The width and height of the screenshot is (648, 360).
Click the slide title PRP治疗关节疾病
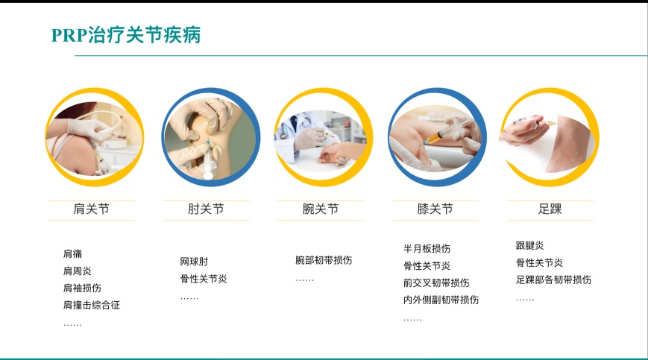[x=125, y=35]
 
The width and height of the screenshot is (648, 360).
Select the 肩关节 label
[x=91, y=209]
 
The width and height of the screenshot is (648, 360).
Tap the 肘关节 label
[x=206, y=209]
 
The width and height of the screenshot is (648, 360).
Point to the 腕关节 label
[x=321, y=209]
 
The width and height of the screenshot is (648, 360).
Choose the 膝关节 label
[x=435, y=209]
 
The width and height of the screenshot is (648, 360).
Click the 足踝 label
[x=550, y=209]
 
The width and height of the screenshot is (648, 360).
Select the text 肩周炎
[x=78, y=271]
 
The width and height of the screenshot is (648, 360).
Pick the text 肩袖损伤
[x=82, y=288]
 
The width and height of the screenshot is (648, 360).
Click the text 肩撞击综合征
[x=91, y=305]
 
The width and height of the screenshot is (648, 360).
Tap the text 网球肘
[x=194, y=262]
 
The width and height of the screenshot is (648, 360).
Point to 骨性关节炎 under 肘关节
[x=204, y=279]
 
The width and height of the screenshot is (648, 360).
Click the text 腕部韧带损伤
[x=324, y=260]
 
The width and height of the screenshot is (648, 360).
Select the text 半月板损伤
[x=427, y=248]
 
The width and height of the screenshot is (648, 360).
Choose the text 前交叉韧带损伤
[x=436, y=282]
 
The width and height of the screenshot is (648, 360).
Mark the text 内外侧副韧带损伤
[x=441, y=300]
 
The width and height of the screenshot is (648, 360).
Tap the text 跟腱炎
[x=529, y=246]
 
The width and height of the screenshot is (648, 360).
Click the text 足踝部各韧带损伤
[x=553, y=280]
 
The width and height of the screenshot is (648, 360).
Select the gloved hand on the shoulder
[x=89, y=129]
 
